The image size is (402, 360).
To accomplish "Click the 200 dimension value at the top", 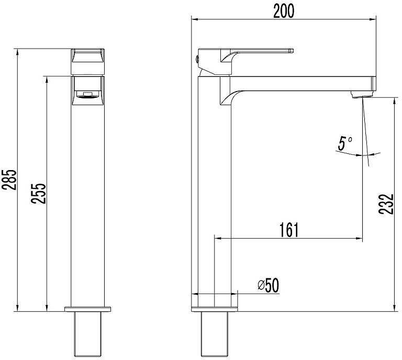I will [284, 11].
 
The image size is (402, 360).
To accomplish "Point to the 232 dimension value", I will [386, 204].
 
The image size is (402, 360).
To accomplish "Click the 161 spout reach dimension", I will [288, 230].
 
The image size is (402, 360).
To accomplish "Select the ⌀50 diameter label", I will [268, 285].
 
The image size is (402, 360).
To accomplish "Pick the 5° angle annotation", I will [344, 143].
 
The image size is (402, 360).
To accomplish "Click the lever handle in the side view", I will [262, 51].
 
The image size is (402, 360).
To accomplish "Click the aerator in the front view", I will [87, 95].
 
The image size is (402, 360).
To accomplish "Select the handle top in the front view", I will [88, 55].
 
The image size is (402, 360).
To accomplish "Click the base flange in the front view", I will [88, 309].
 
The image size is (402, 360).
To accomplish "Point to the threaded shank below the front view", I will [88, 335].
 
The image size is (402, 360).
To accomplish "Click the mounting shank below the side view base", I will [215, 335].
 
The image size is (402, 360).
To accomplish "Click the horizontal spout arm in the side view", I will [304, 83].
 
